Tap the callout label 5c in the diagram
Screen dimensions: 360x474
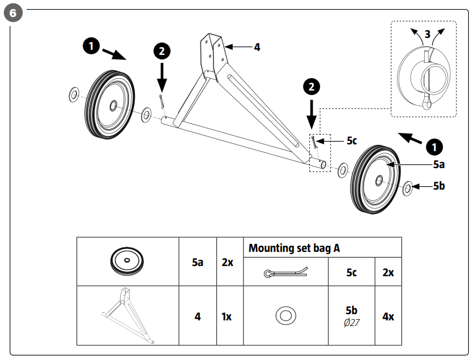352,140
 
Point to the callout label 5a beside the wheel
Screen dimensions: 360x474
439,165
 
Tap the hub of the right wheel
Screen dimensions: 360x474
378,181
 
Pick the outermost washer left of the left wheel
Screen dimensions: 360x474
74,93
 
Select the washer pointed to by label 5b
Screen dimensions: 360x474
407,188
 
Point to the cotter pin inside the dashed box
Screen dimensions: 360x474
313,142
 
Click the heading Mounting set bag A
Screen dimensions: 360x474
294,248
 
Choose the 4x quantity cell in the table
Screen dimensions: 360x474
388,316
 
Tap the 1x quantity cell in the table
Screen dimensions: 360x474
227,316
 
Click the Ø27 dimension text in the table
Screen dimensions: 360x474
351,323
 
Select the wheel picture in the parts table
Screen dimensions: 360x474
128,261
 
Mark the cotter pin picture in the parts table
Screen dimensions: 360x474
286,273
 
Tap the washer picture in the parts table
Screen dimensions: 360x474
286,316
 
